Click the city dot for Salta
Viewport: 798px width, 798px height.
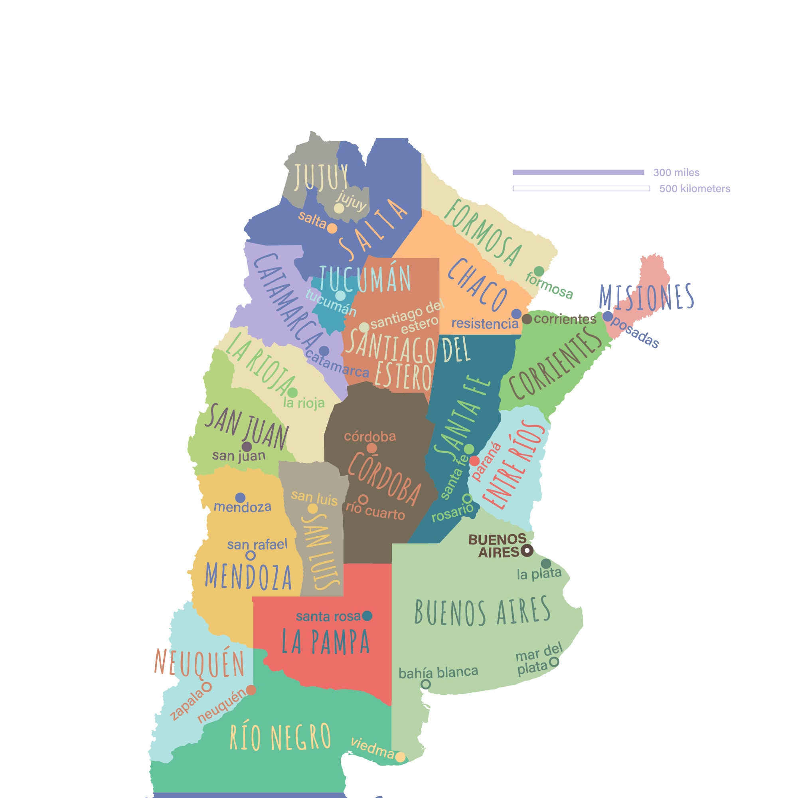click(x=332, y=227)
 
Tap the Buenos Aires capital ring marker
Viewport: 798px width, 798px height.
click(x=527, y=550)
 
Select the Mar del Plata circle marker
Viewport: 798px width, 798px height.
click(x=554, y=662)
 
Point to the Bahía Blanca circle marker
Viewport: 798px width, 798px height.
click(x=425, y=684)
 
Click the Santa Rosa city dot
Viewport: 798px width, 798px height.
click(x=367, y=616)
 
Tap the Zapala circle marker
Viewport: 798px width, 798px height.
click(x=207, y=686)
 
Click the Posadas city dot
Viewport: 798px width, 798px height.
click(x=608, y=316)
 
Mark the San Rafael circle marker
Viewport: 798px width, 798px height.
click(x=250, y=555)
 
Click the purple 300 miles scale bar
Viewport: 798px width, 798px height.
click(x=578, y=172)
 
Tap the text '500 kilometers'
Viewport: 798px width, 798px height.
click(x=695, y=189)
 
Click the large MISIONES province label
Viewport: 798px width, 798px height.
click(x=646, y=297)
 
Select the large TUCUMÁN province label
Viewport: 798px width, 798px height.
click(x=365, y=278)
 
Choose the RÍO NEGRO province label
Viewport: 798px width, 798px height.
click(x=280, y=737)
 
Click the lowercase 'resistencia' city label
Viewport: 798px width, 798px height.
click(x=484, y=324)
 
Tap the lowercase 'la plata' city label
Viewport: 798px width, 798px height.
click(x=539, y=573)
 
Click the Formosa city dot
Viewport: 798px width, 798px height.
click(x=539, y=271)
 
